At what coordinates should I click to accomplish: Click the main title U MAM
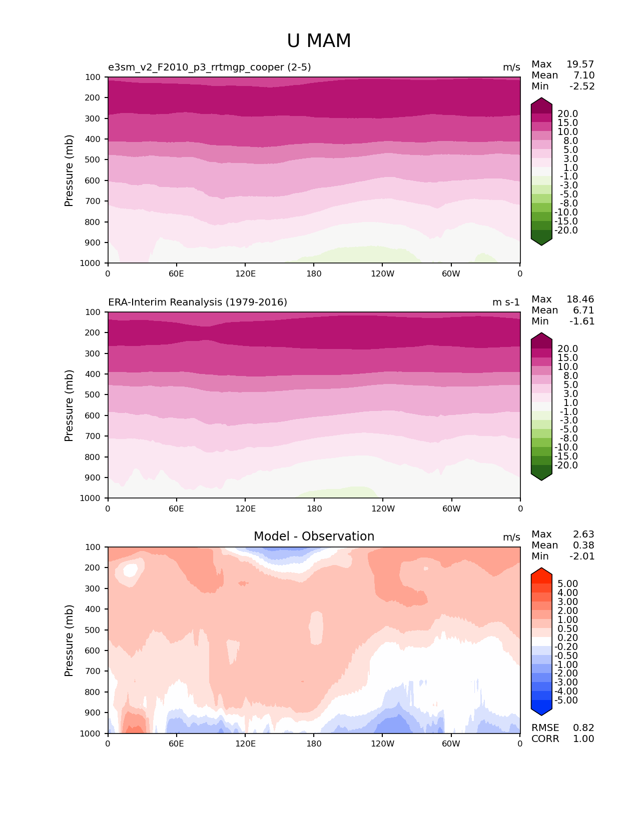pyautogui.click(x=319, y=41)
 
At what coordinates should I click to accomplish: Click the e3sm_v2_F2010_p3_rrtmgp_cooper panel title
pyautogui.click(x=209, y=67)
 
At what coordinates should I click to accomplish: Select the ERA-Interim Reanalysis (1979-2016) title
pyautogui.click(x=198, y=302)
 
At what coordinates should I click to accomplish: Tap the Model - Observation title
pyautogui.click(x=314, y=536)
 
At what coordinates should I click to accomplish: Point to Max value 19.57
pyautogui.click(x=580, y=64)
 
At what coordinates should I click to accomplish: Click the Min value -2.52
pyautogui.click(x=582, y=86)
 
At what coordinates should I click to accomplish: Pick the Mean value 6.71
pyautogui.click(x=583, y=310)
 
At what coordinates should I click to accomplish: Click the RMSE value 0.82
pyautogui.click(x=583, y=728)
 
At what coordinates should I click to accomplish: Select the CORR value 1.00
pyautogui.click(x=583, y=739)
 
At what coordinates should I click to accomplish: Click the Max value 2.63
pyautogui.click(x=583, y=534)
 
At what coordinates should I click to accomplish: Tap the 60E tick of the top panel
pyautogui.click(x=176, y=273)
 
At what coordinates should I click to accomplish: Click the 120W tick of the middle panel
pyautogui.click(x=383, y=508)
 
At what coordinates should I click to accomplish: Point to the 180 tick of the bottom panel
pyautogui.click(x=314, y=743)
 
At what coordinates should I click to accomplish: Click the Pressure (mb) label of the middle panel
pyautogui.click(x=69, y=405)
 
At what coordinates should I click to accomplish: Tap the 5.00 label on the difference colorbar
pyautogui.click(x=567, y=584)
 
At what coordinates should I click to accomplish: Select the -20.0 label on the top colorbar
pyautogui.click(x=566, y=230)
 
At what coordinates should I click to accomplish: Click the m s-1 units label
pyautogui.click(x=506, y=302)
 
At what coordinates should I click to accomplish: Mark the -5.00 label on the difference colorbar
pyautogui.click(x=566, y=700)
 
